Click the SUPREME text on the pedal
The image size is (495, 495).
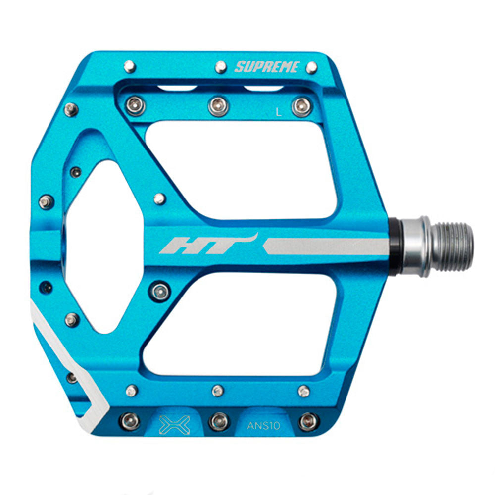267,67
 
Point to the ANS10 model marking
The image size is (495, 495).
264,426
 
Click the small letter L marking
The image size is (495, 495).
278,112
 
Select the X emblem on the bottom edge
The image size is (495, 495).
174,425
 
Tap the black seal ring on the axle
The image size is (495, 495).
396,247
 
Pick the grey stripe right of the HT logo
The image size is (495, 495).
326,246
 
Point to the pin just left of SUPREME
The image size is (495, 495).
221,67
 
